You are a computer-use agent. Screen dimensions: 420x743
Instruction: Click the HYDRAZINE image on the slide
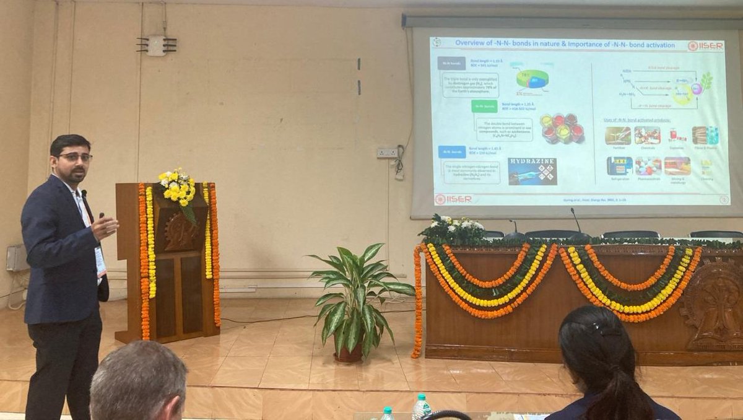[x=532, y=171]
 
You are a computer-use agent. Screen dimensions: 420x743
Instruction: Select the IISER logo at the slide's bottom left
[x=453, y=199]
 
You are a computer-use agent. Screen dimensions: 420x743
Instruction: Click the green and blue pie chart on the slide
[x=532, y=79]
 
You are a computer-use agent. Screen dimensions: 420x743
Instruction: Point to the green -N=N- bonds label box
[x=484, y=106]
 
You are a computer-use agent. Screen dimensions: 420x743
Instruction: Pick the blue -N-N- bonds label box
[x=452, y=151]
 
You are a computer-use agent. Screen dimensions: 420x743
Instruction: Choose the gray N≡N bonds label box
[x=451, y=63]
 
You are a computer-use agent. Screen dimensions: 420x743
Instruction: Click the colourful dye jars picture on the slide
[x=562, y=128]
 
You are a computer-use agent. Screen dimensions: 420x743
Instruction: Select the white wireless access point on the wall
[x=157, y=45]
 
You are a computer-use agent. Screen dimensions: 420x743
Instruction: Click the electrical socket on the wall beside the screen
[x=388, y=152]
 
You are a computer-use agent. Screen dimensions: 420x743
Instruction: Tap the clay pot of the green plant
[x=349, y=352]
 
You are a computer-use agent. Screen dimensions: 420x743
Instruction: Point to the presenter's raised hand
[x=106, y=226]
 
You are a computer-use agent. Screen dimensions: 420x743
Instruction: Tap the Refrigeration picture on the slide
[x=619, y=166]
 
